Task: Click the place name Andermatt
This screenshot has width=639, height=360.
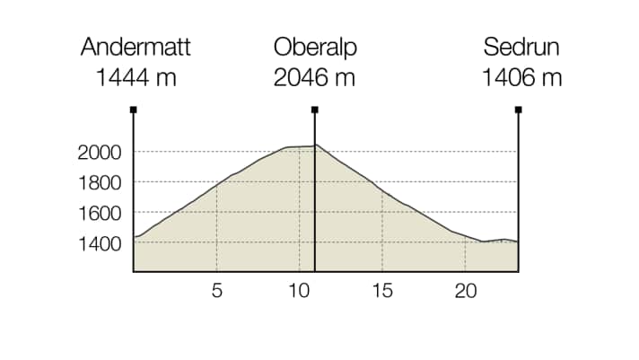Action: (136, 48)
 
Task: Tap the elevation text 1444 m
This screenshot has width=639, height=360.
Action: (136, 77)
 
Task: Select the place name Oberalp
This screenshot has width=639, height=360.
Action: (314, 48)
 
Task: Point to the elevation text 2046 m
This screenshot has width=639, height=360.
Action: (314, 77)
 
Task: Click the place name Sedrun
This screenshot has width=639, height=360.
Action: (521, 48)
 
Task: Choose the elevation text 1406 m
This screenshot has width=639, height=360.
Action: (521, 77)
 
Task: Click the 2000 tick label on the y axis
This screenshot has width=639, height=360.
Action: (100, 153)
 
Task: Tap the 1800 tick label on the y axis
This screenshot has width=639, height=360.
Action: (100, 183)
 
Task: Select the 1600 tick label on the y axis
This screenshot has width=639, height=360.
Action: (100, 214)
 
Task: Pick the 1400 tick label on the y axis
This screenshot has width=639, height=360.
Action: (100, 244)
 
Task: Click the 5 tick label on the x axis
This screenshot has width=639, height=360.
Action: (216, 291)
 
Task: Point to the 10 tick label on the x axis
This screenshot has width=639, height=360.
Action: (299, 291)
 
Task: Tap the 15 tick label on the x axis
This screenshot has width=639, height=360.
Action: (382, 291)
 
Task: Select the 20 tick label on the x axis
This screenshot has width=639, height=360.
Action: (465, 291)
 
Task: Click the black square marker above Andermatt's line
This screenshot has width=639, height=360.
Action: (133, 110)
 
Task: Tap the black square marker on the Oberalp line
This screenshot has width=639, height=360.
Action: (315, 110)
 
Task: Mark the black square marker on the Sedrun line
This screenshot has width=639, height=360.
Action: (519, 110)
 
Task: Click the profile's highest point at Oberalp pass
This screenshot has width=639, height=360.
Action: (315, 145)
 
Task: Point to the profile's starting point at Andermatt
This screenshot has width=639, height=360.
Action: (134, 237)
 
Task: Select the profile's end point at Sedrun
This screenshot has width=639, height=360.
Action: (518, 242)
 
